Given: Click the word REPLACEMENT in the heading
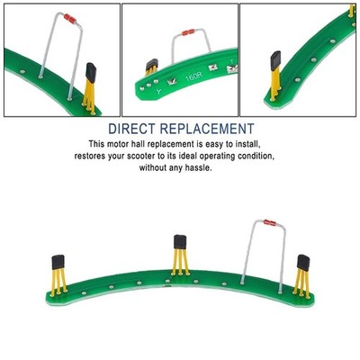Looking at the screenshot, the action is pyautogui.click(x=207, y=129).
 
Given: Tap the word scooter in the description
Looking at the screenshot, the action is pyautogui.click(x=142, y=157).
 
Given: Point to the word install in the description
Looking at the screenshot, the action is pyautogui.click(x=247, y=144).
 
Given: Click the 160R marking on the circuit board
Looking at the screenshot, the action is pyautogui.click(x=193, y=77).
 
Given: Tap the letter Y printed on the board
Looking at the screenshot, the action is pyautogui.click(x=158, y=92).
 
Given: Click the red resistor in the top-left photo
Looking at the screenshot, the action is pyautogui.click(x=70, y=19).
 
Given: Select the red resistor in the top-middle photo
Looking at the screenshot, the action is pyautogui.click(x=188, y=32).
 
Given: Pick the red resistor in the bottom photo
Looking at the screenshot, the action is pyautogui.click(x=270, y=222).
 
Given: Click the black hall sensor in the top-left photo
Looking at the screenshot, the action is pyautogui.click(x=91, y=73).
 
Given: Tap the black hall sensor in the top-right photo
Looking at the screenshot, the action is pyautogui.click(x=275, y=59).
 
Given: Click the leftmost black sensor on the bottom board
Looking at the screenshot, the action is pyautogui.click(x=58, y=262).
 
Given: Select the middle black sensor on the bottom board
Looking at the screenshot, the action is pyautogui.click(x=180, y=242).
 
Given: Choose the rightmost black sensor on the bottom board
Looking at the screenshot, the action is pyautogui.click(x=303, y=263).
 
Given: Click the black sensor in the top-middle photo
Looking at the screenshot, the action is pyautogui.click(x=152, y=64).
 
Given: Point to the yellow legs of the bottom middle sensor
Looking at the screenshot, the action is pyautogui.click(x=180, y=262).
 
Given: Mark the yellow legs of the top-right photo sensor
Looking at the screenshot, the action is pyautogui.click(x=275, y=84).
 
